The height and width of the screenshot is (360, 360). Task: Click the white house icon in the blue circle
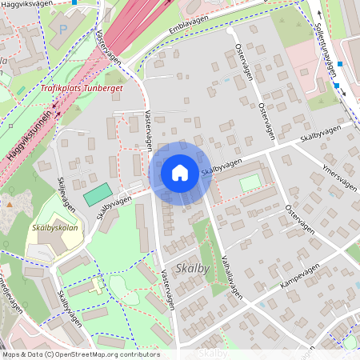(180, 172)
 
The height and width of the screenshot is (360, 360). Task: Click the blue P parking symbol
(62, 29)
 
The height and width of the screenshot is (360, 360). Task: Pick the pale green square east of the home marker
(250, 182)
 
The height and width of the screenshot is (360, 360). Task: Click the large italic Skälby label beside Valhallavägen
(191, 269)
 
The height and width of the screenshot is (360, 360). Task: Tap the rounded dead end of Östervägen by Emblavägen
(231, 31)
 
